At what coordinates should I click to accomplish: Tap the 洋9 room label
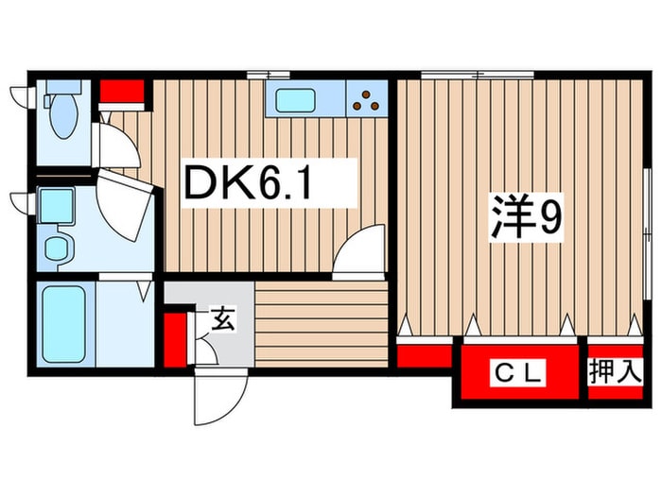[527, 219]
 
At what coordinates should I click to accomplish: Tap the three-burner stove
[368, 98]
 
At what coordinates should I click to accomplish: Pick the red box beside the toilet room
[122, 92]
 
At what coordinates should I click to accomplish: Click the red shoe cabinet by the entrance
[173, 339]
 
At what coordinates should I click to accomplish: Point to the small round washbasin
[60, 248]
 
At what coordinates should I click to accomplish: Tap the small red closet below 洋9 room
[423, 356]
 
